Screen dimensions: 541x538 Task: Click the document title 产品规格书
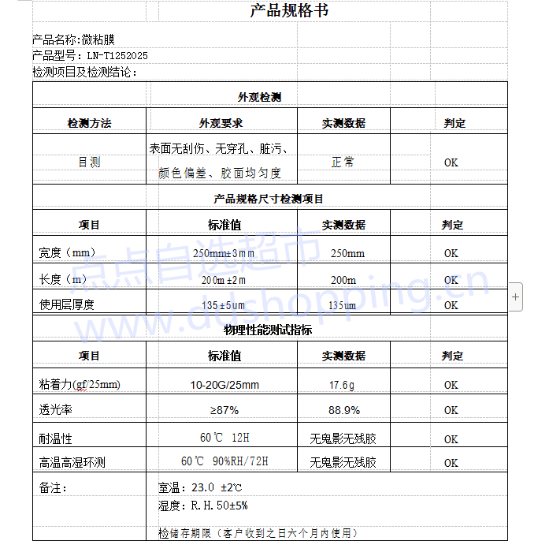click(289, 11)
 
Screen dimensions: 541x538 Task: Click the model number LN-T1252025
click(117, 56)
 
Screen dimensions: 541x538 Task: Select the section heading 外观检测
click(259, 98)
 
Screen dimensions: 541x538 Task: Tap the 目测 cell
click(89, 162)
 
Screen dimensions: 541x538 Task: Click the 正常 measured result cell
click(343, 162)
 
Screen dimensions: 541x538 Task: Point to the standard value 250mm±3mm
click(224, 253)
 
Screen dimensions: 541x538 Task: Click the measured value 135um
click(342, 305)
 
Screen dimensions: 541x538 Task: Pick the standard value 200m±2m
click(224, 280)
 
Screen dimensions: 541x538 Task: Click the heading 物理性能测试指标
click(268, 330)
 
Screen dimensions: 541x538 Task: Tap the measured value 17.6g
click(342, 385)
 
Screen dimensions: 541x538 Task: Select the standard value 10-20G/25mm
click(224, 385)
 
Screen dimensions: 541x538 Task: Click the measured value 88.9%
click(343, 410)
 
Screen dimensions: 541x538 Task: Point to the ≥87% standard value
click(224, 410)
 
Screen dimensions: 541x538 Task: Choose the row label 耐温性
click(55, 438)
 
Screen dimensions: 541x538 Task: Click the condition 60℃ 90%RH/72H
click(224, 461)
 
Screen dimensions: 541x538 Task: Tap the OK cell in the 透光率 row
click(451, 410)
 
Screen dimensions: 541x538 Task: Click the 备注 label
click(53, 487)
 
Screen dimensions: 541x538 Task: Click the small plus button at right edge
click(516, 297)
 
